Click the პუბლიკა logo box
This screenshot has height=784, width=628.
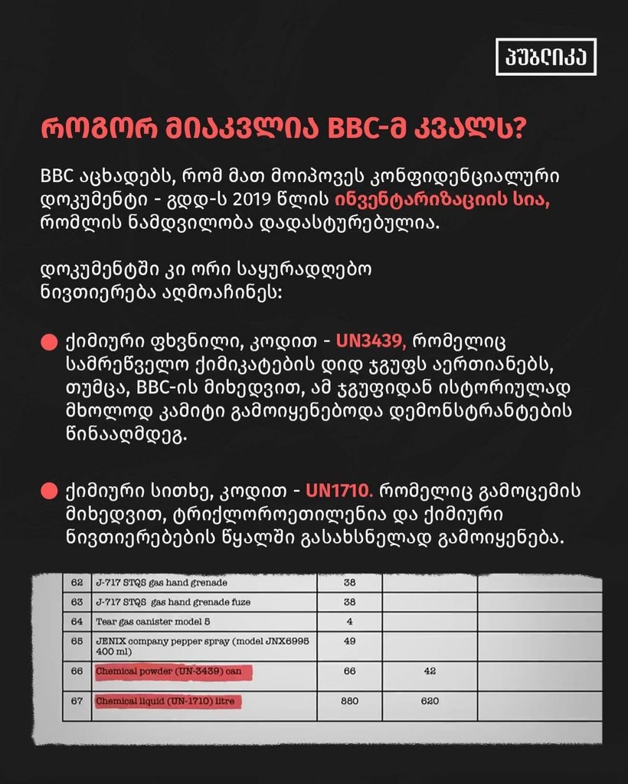[x=545, y=56]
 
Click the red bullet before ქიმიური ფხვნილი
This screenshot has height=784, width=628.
[x=49, y=340]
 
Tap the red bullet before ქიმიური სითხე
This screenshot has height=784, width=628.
[x=49, y=489]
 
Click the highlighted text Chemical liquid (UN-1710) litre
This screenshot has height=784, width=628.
[x=168, y=701]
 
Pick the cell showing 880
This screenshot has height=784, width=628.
[x=349, y=701]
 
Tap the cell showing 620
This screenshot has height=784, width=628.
[x=429, y=701]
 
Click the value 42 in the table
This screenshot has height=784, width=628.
[x=429, y=671]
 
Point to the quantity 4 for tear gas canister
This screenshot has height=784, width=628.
[x=349, y=622]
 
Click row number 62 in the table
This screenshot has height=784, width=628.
[x=77, y=583]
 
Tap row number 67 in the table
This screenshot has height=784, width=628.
[x=77, y=701]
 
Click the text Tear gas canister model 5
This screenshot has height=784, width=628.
[x=149, y=622]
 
